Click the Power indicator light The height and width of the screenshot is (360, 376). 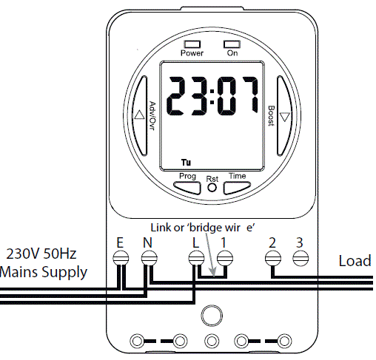(192, 44)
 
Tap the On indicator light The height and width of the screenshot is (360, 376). (232, 44)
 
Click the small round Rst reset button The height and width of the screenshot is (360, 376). (212, 188)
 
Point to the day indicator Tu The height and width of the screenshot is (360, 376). (185, 161)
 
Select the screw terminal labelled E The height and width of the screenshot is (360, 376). (121, 258)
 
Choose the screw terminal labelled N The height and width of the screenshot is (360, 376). (150, 258)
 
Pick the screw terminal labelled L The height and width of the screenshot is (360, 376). (196, 258)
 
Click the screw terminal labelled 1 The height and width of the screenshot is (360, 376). (225, 258)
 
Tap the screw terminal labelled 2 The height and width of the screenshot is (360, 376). (272, 258)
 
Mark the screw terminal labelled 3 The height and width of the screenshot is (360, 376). (300, 258)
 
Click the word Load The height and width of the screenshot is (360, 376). (355, 261)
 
